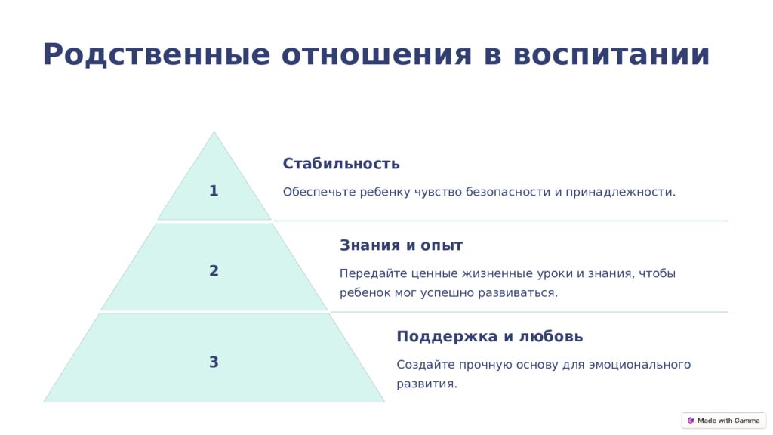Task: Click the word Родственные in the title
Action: tap(157, 54)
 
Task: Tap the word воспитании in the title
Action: tap(611, 54)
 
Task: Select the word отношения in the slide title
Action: tap(377, 54)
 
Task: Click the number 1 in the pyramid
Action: tap(214, 190)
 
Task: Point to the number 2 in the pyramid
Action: tap(214, 270)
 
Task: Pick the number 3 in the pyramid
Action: tap(214, 362)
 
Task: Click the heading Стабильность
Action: tap(341, 163)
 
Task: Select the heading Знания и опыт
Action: tap(402, 245)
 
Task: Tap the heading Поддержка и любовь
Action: tap(489, 336)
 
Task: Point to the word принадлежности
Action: tap(621, 192)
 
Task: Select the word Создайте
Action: tap(426, 365)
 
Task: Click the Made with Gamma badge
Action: tap(724, 421)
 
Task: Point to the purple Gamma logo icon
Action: tap(691, 421)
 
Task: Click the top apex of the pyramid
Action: tap(214, 131)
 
